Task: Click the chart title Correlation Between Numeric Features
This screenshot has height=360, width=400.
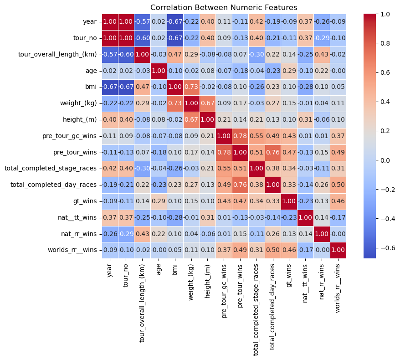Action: (224, 7)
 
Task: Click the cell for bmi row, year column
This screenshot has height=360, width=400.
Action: (110, 87)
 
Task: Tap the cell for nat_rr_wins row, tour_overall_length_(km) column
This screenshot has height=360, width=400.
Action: (142, 234)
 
